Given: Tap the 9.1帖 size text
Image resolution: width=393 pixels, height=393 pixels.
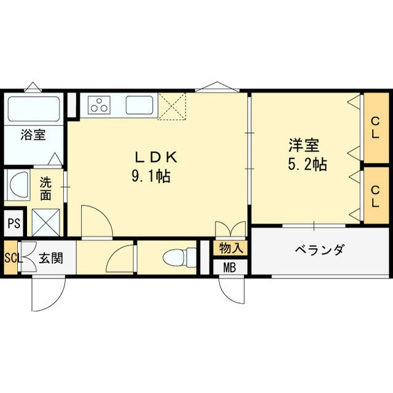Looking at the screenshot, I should [x=150, y=177].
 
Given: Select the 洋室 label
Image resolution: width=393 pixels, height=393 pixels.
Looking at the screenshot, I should [x=305, y=146].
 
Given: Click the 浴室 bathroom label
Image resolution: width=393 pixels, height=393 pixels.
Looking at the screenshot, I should [x=33, y=134].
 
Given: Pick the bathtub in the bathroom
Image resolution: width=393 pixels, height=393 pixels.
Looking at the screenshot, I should [x=34, y=109].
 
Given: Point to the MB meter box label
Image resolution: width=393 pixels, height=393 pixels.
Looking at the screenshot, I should [x=230, y=268].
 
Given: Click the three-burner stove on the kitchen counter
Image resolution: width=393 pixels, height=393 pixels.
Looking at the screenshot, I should [x=98, y=106].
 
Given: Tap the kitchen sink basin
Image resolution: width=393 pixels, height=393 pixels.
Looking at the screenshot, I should [x=139, y=106].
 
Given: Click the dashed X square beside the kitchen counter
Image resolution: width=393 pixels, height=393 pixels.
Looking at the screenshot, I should [x=173, y=106].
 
